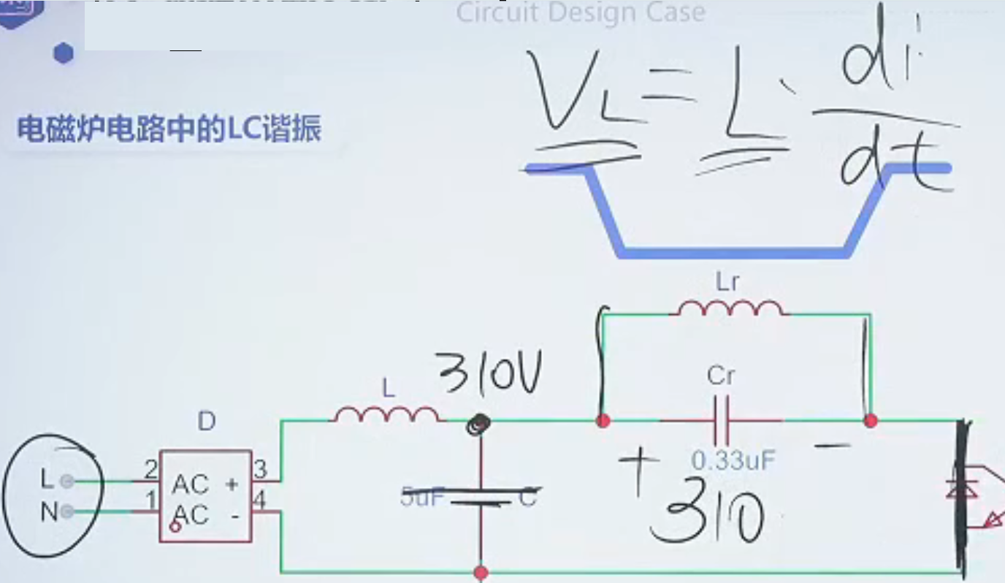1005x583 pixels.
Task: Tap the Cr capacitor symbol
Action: click(x=721, y=420)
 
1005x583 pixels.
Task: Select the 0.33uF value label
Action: click(x=732, y=460)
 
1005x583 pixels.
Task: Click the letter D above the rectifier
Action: click(x=207, y=422)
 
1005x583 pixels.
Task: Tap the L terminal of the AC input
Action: click(x=66, y=481)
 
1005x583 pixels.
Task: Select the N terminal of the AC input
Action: click(x=67, y=511)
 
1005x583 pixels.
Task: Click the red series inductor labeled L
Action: click(x=386, y=415)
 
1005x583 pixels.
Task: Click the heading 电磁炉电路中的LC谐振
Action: click(x=169, y=129)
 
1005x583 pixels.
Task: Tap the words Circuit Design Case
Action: click(x=581, y=12)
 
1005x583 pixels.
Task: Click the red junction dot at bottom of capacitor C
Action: click(x=481, y=572)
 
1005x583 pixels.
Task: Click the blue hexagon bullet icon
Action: click(x=64, y=53)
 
